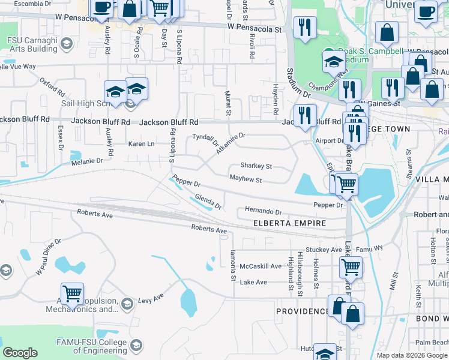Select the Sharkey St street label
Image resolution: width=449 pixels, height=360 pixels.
coord(256,166)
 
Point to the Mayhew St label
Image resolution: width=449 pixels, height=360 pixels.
coord(246,179)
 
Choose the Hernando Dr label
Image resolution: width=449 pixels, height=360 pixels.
coord(263,212)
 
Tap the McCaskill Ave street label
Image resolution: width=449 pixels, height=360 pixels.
coord(260,266)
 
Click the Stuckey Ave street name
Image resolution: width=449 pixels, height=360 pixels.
coord(323,250)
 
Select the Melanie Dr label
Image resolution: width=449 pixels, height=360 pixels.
coord(86,161)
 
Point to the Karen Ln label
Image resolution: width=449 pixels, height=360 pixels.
coord(141,144)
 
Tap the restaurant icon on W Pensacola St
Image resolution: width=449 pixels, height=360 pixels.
coord(305,28)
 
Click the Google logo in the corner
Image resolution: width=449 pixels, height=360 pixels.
coord(20,353)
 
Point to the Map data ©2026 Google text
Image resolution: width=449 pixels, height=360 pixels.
coord(411,355)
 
